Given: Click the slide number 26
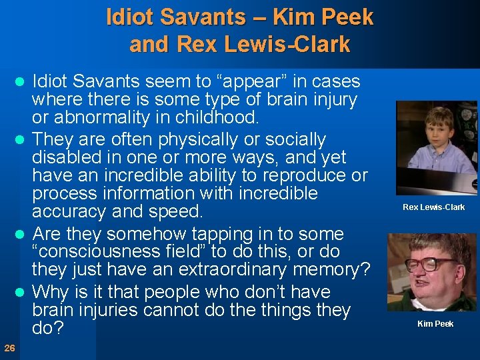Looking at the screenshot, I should point(9,347).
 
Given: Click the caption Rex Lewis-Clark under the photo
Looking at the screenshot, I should point(433,207).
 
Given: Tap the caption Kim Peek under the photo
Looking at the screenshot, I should point(435,324).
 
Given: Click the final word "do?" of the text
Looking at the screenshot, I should point(47,329).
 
